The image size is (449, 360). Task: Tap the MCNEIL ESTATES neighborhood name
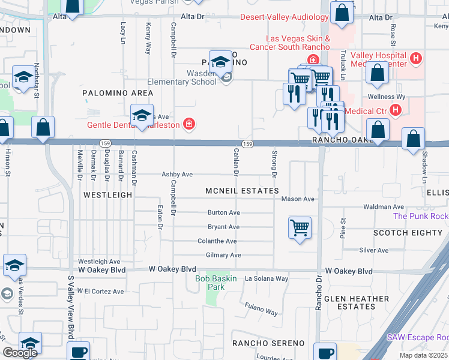click(x=242, y=191)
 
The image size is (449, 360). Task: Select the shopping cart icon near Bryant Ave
click(x=300, y=228)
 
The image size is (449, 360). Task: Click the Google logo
click(x=20, y=353)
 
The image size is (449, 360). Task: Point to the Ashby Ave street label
click(x=177, y=175)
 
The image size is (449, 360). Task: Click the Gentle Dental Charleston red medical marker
click(x=189, y=124)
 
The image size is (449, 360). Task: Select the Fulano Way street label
click(x=261, y=309)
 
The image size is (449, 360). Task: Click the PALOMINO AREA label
click(x=118, y=93)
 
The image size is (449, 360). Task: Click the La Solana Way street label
click(x=267, y=278)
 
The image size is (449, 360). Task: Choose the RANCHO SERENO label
click(x=269, y=343)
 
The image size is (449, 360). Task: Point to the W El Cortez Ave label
click(x=100, y=291)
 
